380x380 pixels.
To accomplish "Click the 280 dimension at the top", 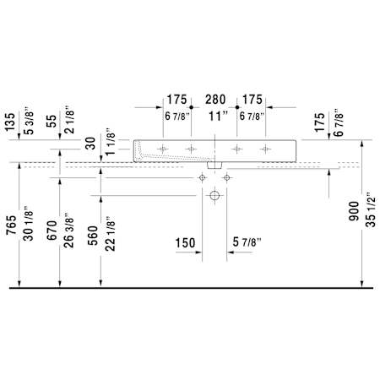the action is (215, 100).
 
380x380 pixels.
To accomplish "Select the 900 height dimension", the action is (354, 211).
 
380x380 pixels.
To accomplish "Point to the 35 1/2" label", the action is (372, 209).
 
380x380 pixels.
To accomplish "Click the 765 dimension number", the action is (12, 225).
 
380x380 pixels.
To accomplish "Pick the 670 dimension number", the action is (52, 231).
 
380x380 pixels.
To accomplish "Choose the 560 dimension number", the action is (92, 236).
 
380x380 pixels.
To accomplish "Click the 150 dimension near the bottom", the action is (185, 243).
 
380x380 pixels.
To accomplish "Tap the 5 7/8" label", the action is (247, 242).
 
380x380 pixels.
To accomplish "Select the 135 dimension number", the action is (10, 122).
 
